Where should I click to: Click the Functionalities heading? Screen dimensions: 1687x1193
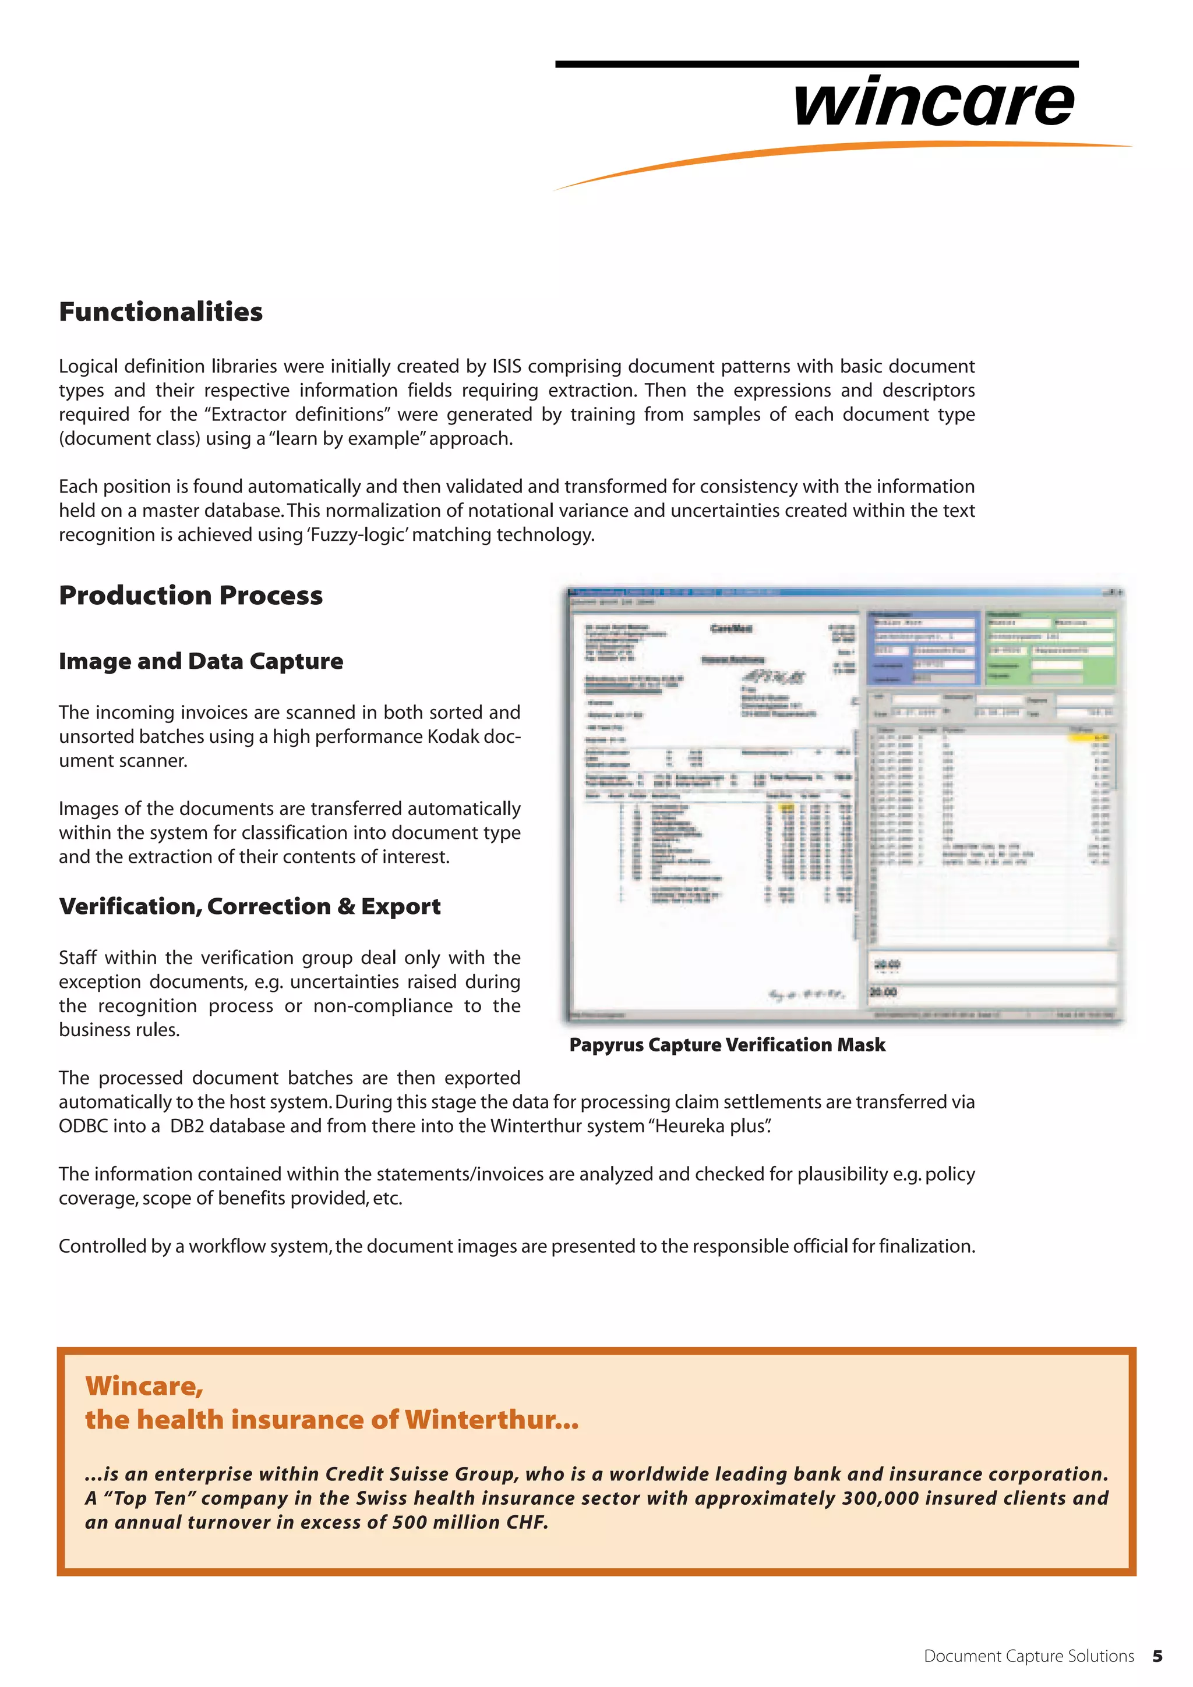pos(160,311)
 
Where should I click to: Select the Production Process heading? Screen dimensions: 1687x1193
pos(190,595)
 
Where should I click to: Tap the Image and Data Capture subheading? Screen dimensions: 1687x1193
pos(200,661)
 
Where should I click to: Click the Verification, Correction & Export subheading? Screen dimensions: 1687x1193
pos(250,907)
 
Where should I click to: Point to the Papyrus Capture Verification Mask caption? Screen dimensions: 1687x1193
pos(727,1045)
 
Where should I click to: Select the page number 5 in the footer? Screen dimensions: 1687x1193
pos(1157,1656)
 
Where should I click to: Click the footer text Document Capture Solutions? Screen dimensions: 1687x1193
pos(1028,1656)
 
